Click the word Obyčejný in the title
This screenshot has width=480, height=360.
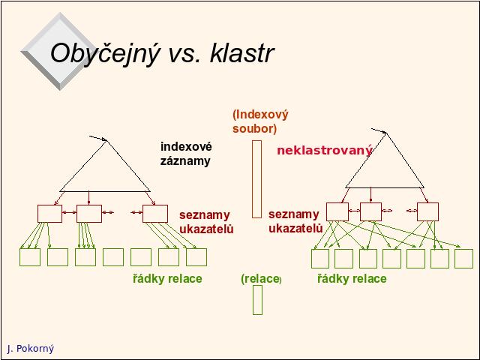tap(105, 53)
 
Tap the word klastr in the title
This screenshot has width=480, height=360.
tap(241, 52)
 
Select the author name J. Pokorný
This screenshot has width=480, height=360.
tap(30, 348)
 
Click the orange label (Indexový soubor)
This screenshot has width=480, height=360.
tap(260, 121)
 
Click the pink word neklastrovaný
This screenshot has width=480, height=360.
tap(325, 150)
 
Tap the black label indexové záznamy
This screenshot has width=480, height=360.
tap(186, 154)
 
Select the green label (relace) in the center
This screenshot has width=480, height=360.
tap(261, 279)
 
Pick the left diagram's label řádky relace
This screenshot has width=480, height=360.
tap(167, 278)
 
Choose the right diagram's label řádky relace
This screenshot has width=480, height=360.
tap(352, 278)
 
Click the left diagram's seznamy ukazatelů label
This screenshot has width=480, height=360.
tap(206, 222)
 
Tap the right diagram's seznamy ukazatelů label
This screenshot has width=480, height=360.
tap(295, 221)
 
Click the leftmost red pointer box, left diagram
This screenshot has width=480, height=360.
tap(37, 214)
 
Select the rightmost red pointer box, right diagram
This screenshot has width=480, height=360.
tap(418, 211)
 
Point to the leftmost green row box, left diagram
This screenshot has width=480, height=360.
tap(20, 257)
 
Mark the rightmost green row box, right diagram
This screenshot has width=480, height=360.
tap(455, 259)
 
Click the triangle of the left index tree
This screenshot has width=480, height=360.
tap(82, 166)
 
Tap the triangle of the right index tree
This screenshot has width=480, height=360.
tap(365, 160)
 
